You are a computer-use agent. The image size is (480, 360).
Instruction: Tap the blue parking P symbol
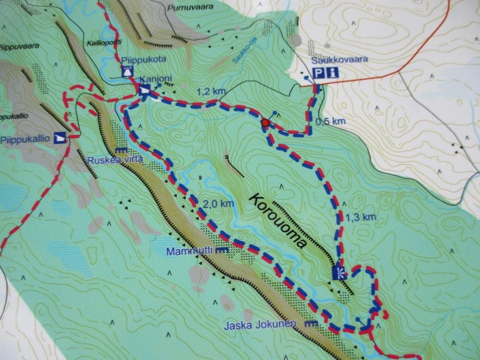coord(319,72)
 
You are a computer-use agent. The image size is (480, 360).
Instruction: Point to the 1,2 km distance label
coord(207,91)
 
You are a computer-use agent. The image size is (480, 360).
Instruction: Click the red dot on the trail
coord(265,123)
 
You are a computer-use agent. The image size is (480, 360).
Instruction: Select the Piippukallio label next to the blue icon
coord(26,138)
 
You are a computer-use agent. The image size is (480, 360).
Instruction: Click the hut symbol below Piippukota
coord(128,71)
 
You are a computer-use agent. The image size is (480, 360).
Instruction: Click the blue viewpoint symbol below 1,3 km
coord(339,273)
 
